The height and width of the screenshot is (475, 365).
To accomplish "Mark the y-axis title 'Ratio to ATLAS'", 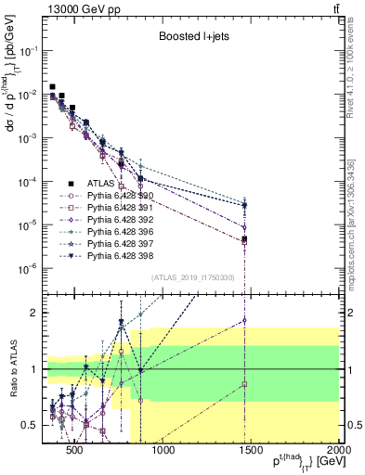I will click(13, 369).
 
